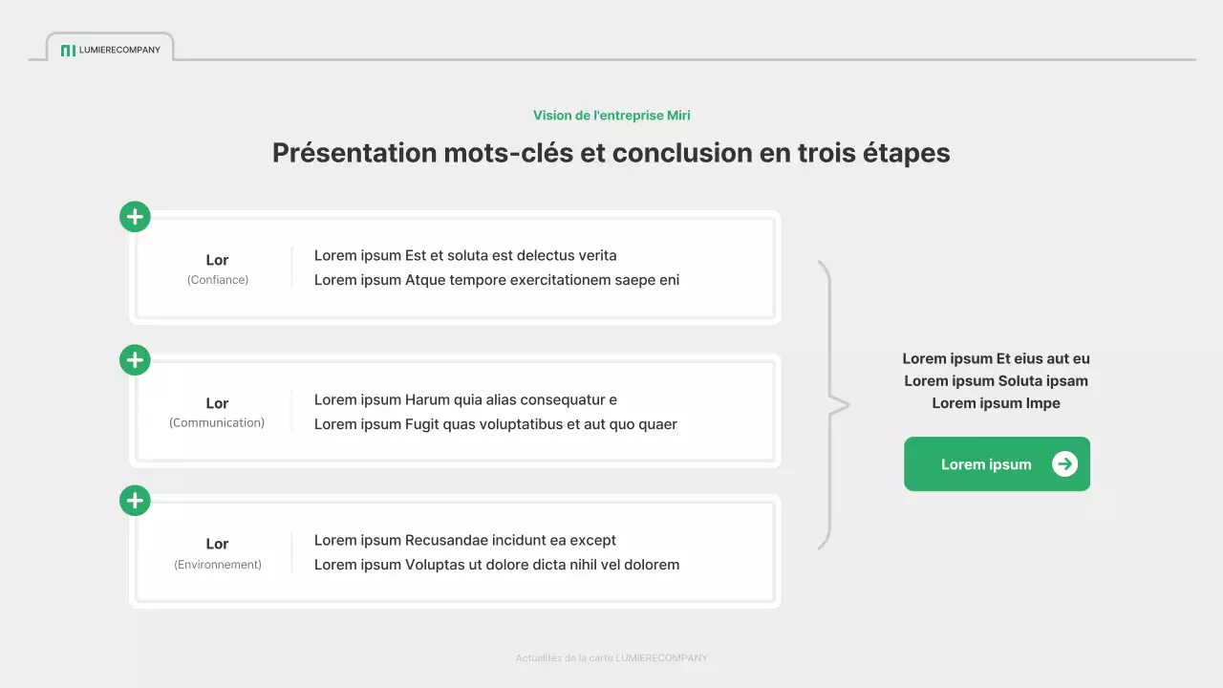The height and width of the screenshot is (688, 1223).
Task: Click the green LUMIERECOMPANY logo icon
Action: (x=67, y=50)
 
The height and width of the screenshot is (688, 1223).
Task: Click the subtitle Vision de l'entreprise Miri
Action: (x=611, y=116)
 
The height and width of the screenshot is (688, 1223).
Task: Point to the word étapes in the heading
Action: (x=909, y=153)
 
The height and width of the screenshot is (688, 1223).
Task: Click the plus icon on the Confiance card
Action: (x=135, y=217)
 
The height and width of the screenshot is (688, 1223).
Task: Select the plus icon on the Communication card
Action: (x=135, y=360)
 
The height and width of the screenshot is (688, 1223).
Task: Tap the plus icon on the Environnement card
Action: (x=135, y=501)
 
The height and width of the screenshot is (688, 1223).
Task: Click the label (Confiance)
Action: (x=218, y=280)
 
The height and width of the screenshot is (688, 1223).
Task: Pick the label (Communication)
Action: (x=217, y=422)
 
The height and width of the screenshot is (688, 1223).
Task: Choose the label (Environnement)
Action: (x=218, y=565)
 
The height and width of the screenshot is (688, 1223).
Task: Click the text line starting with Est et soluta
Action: (x=465, y=255)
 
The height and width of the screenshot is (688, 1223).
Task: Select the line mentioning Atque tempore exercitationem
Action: (x=497, y=280)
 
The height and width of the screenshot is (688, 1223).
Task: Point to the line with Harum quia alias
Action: (x=465, y=399)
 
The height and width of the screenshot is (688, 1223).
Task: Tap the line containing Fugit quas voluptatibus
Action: (x=496, y=424)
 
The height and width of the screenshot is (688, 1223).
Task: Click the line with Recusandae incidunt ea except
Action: (x=465, y=540)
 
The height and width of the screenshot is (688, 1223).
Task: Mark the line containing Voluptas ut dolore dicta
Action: (x=497, y=565)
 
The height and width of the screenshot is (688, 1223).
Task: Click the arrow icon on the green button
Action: (x=1064, y=464)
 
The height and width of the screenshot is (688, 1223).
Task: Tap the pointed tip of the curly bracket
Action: (x=847, y=405)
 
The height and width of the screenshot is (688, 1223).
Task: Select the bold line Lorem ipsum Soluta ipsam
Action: (x=996, y=380)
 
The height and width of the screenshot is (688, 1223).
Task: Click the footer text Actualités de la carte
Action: (x=611, y=657)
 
